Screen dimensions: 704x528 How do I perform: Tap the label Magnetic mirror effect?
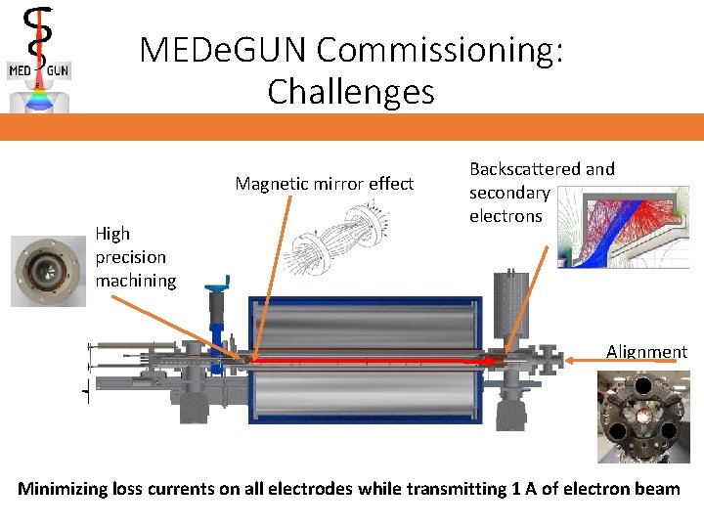324,184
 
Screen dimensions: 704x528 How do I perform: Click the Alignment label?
646,352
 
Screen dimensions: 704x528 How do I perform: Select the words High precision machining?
135,257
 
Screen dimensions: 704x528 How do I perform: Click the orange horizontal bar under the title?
352,127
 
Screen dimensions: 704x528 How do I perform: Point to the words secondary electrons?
507,204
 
